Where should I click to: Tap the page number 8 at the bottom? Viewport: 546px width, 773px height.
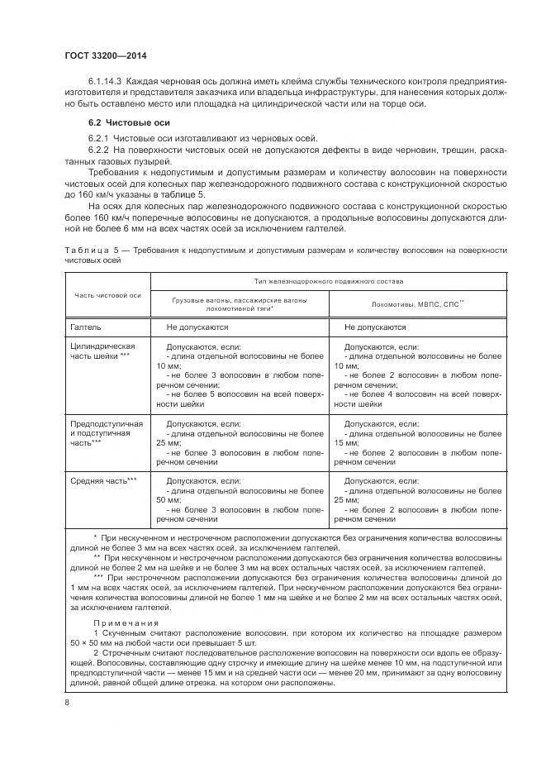[67, 703]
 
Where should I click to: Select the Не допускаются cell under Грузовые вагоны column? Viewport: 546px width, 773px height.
[197, 327]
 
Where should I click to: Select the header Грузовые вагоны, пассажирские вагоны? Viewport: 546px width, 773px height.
[238, 299]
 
